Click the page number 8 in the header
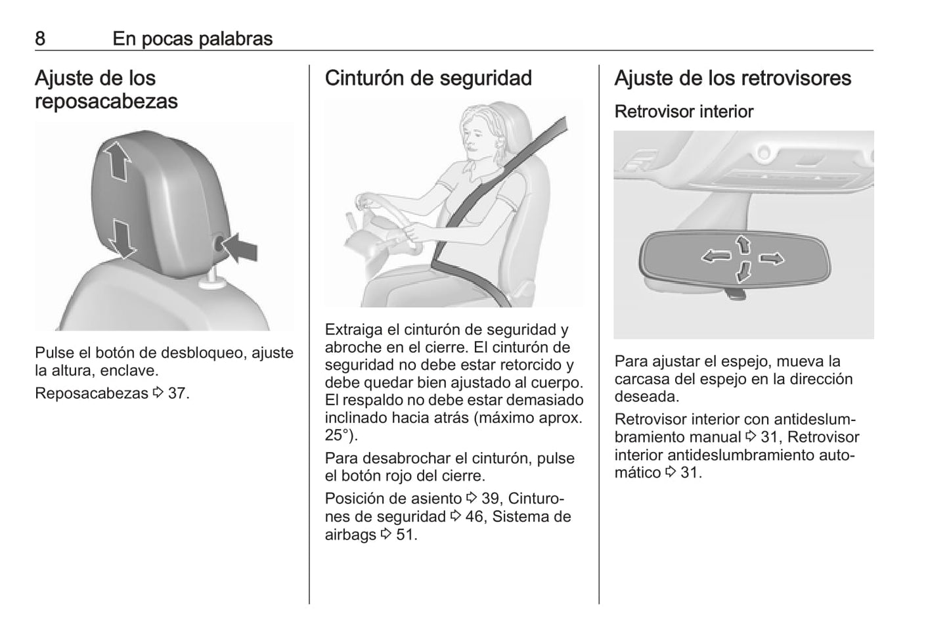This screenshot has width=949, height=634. [x=40, y=39]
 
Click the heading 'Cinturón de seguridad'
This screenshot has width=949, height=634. [x=428, y=78]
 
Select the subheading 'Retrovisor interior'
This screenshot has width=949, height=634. [x=684, y=112]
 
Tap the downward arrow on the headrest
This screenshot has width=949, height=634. [x=122, y=239]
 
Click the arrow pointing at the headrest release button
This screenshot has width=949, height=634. [x=240, y=248]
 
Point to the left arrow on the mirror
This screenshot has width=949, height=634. [x=717, y=256]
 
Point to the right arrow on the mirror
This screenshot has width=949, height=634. [x=771, y=258]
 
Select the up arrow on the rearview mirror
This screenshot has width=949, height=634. [x=743, y=245]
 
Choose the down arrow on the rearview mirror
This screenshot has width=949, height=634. [x=743, y=271]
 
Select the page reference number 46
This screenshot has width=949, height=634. [x=474, y=516]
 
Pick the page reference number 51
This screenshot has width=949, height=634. [x=404, y=535]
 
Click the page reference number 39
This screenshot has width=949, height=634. [x=490, y=499]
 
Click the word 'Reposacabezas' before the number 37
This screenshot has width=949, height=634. [x=91, y=394]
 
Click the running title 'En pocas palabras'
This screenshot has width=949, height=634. [x=193, y=39]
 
